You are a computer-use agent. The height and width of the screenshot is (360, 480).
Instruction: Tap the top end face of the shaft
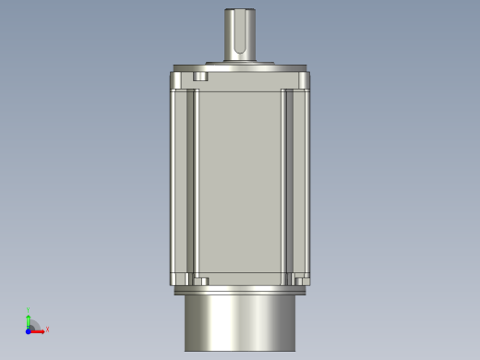(x=238, y=11)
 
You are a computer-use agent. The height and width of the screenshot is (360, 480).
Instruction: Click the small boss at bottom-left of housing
(x=199, y=279)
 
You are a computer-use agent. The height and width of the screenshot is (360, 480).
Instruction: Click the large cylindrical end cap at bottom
(x=239, y=323)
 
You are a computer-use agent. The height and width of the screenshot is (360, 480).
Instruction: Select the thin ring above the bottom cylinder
(x=239, y=291)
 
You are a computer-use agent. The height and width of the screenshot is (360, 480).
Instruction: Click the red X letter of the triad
(x=47, y=329)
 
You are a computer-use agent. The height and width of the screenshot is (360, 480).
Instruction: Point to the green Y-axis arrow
(x=29, y=318)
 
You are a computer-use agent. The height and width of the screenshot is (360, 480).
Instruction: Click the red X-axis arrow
(x=38, y=329)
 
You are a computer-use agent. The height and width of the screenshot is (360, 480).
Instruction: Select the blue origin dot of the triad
(x=29, y=329)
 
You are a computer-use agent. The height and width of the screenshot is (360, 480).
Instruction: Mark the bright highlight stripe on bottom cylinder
(x=214, y=323)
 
